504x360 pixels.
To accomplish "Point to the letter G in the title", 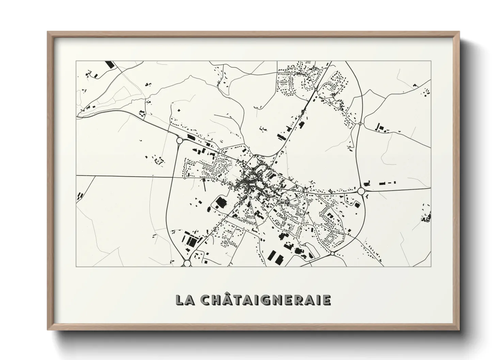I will tap(263, 300).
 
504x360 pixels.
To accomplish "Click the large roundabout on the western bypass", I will tap(179, 141).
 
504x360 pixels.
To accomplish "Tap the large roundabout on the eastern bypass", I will tap(361, 191).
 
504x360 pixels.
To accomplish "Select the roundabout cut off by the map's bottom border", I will tap(187, 263).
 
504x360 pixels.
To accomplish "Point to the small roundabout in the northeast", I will tap(360, 123).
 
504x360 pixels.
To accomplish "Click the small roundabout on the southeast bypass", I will tap(332, 253).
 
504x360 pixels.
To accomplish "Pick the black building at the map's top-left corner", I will tap(109, 64).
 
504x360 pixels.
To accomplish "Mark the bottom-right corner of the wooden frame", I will tap(460, 330).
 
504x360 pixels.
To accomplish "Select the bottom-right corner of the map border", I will tap(431, 266).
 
